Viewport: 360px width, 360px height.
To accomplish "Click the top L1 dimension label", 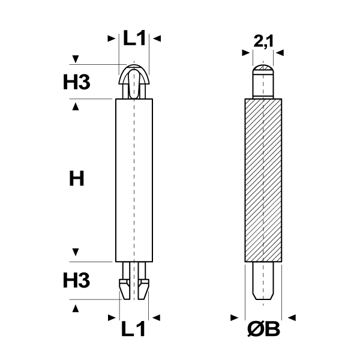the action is coord(134,38).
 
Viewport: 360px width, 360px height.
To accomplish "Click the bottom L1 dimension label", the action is coord(133,329).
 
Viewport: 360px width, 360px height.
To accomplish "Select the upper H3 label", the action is coord(77,82).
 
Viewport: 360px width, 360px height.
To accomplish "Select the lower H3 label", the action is coord(76,280).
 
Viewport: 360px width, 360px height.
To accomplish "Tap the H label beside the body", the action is coord(77,178).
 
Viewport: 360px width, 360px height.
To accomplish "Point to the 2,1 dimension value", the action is coord(263,41).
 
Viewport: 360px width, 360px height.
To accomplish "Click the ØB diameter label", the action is coord(263,329).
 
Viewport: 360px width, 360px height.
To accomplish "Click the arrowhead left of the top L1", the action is coord(112,38).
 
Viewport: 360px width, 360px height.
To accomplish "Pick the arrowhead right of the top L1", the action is coord(157,38).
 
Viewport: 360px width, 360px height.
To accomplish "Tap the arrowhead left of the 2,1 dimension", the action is coord(246,53).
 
